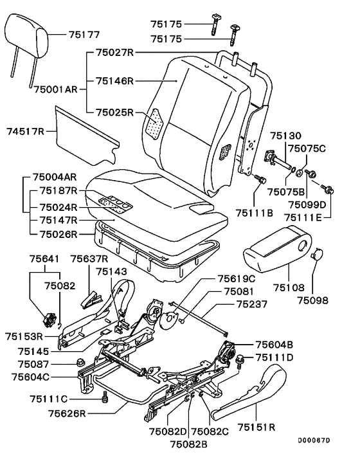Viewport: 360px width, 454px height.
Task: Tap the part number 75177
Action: [x=84, y=35]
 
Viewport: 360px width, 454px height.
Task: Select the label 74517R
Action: [x=25, y=131]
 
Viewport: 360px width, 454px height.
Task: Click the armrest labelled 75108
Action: [x=277, y=250]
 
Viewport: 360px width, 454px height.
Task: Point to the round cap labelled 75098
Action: [x=317, y=255]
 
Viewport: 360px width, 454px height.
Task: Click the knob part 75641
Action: [x=49, y=320]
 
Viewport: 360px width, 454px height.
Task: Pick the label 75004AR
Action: [x=55, y=177]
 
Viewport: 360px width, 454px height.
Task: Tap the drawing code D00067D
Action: [x=314, y=440]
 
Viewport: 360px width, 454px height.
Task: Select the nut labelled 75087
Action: [x=80, y=362]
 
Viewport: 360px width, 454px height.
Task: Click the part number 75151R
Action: [x=256, y=427]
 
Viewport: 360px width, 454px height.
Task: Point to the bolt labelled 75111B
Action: [x=260, y=179]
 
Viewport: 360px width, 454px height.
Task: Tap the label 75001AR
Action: [x=56, y=89]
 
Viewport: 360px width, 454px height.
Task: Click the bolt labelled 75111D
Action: [x=240, y=361]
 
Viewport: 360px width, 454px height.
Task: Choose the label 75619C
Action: [x=237, y=278]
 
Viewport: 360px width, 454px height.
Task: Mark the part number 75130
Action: [x=285, y=136]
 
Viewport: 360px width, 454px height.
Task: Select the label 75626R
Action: [x=67, y=413]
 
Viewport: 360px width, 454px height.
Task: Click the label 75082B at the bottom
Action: [x=188, y=444]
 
